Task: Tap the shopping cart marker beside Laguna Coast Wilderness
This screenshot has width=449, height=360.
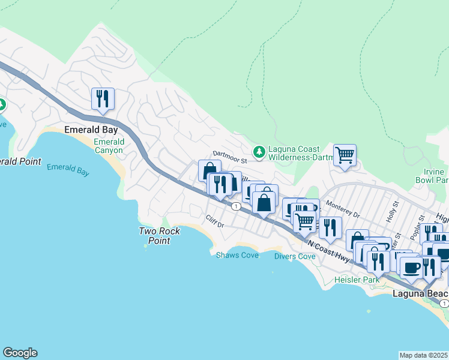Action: pos(345,155)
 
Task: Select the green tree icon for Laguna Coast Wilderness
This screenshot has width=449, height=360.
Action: pos(259,152)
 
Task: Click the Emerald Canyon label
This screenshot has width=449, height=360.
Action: pos(109,146)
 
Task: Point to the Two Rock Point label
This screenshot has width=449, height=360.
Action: pos(155,236)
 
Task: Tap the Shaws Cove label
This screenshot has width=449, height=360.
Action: pos(237,255)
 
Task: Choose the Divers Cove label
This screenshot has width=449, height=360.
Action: pos(294,256)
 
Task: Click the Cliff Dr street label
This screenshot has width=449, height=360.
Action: pos(214,221)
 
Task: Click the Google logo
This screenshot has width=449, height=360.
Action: pos(20,353)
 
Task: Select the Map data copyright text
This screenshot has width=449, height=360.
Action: pos(423,355)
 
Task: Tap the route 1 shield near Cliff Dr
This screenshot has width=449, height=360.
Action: pos(237,206)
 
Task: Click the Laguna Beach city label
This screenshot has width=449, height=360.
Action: pos(420,293)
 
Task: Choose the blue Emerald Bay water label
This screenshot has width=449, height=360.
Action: pos(68,170)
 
